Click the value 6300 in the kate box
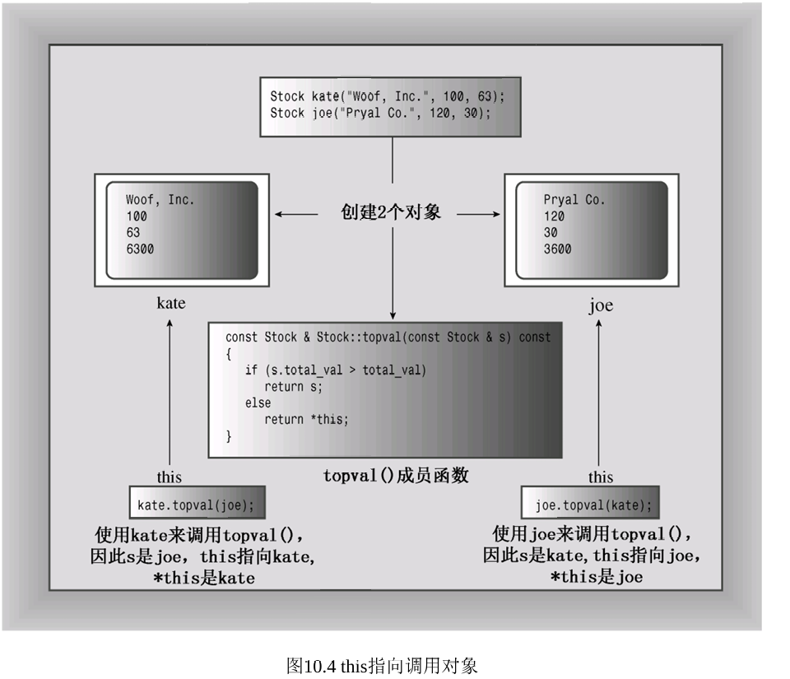click(x=140, y=249)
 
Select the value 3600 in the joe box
click(x=557, y=249)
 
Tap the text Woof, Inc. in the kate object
click(x=160, y=200)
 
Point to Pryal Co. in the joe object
click(x=574, y=200)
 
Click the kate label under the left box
click(x=171, y=303)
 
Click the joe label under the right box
click(x=601, y=305)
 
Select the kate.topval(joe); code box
click(x=197, y=502)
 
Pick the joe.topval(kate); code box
click(x=590, y=502)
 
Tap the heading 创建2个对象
click(x=390, y=212)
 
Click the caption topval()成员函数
click(x=396, y=475)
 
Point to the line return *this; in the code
click(x=306, y=419)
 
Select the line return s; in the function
click(x=293, y=387)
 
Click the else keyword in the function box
click(x=258, y=403)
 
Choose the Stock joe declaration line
click(x=380, y=113)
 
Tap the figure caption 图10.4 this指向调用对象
click(x=382, y=666)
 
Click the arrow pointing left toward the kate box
click(x=296, y=214)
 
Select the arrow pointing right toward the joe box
click(x=479, y=214)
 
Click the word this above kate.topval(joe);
click(x=169, y=477)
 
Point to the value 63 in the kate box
click(x=133, y=233)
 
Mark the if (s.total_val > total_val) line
click(x=336, y=370)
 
